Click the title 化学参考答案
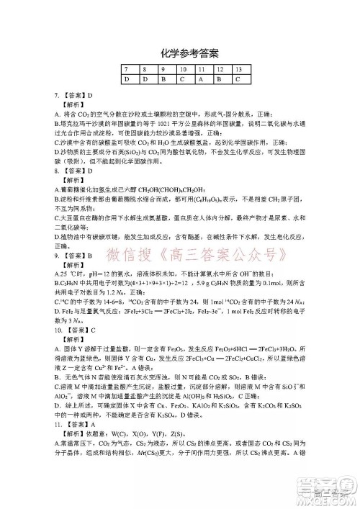(181, 53)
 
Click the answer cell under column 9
(164, 78)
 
